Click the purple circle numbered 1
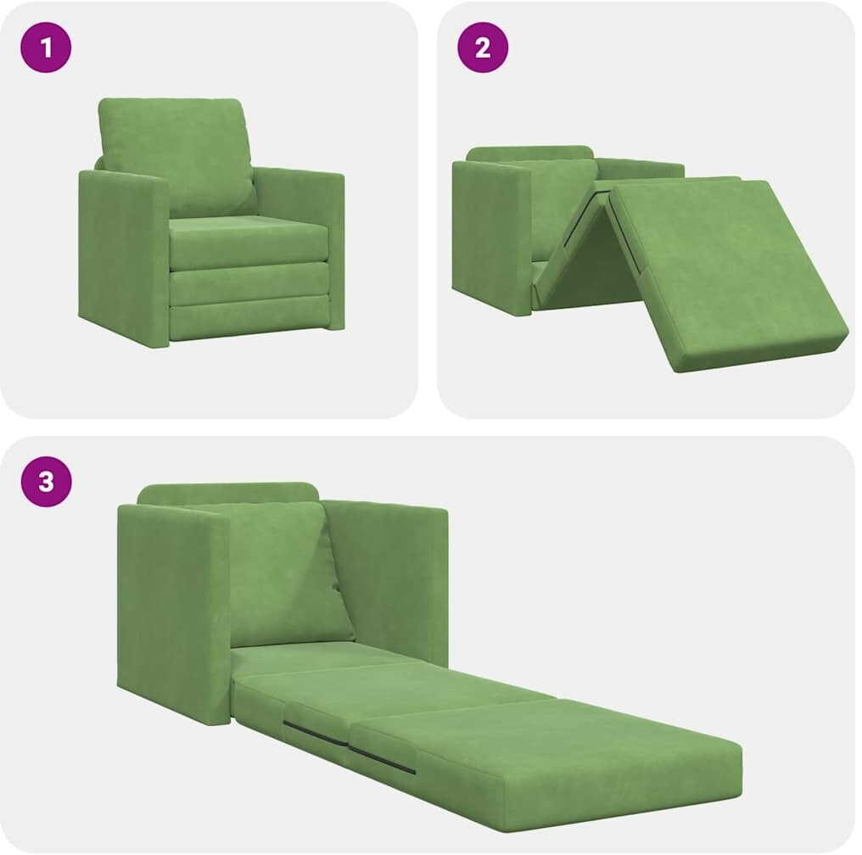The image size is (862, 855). [46, 47]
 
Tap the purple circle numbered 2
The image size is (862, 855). [483, 47]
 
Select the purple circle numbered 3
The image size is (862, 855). [46, 482]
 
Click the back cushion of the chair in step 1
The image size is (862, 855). [177, 157]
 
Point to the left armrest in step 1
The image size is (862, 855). [123, 257]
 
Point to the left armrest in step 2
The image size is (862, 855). [491, 237]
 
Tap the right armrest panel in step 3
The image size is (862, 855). [388, 583]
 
